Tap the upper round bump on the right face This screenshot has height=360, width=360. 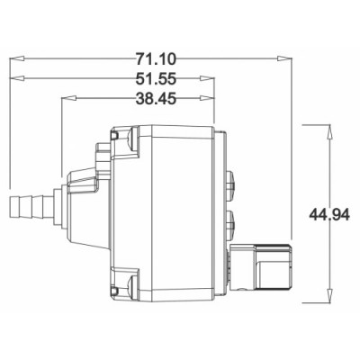coord(232,184)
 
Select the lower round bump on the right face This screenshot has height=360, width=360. coord(232,220)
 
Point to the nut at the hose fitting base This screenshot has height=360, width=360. coord(56,208)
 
